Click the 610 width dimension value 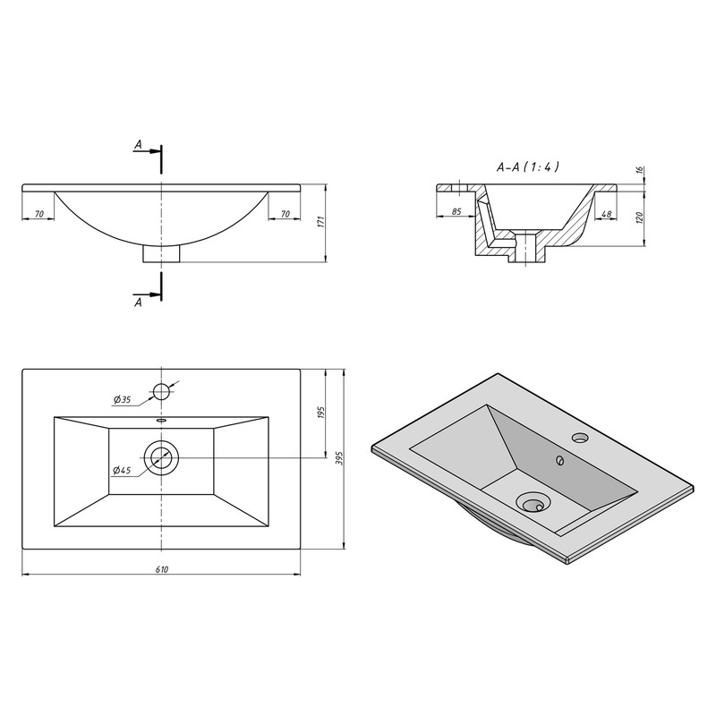162,569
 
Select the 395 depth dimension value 338,458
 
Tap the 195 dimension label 320,413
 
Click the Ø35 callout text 122,400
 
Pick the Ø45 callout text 122,470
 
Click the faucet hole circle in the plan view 161,392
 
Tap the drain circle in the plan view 161,457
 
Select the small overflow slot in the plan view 161,420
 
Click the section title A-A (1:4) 527,167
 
